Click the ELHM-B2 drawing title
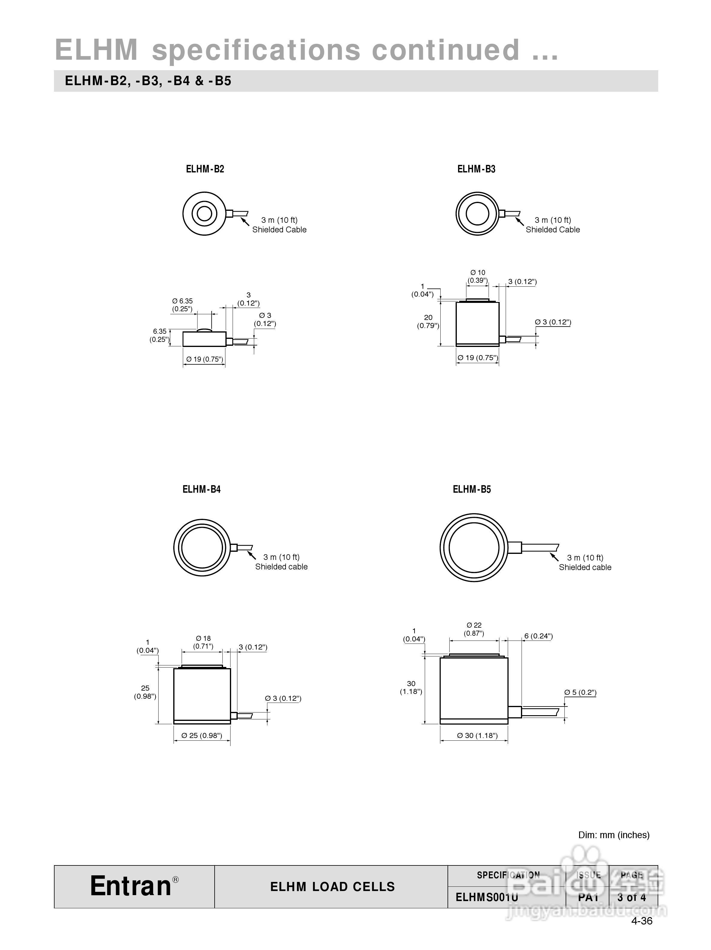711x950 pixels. [205, 169]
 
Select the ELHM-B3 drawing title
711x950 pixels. [476, 169]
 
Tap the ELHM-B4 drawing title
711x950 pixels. [201, 489]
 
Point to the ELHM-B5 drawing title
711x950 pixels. [472, 489]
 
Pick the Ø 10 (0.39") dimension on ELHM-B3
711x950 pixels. [478, 276]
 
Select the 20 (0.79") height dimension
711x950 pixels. [428, 321]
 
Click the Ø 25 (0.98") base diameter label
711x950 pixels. [202, 735]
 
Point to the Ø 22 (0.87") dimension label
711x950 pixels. [474, 629]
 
